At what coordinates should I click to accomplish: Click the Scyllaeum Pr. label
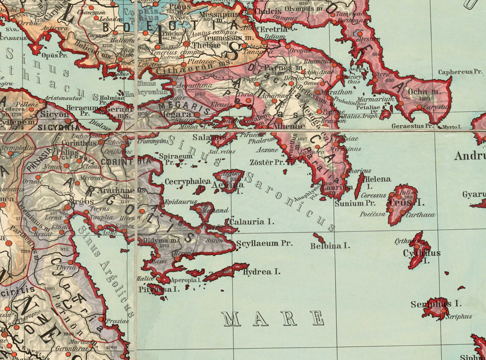(x=264, y=243)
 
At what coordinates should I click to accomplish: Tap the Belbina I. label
(x=330, y=246)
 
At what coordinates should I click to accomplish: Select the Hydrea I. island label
(x=261, y=272)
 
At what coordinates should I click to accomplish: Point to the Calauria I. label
(x=252, y=221)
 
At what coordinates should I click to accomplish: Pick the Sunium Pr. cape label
(x=355, y=203)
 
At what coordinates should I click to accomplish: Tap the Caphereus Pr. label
(x=460, y=72)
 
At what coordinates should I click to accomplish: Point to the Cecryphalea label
(x=187, y=182)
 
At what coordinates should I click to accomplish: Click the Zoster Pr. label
(x=267, y=162)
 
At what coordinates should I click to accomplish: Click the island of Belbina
(x=319, y=237)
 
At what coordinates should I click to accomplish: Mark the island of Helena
(x=359, y=185)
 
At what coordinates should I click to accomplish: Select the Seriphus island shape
(x=436, y=308)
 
